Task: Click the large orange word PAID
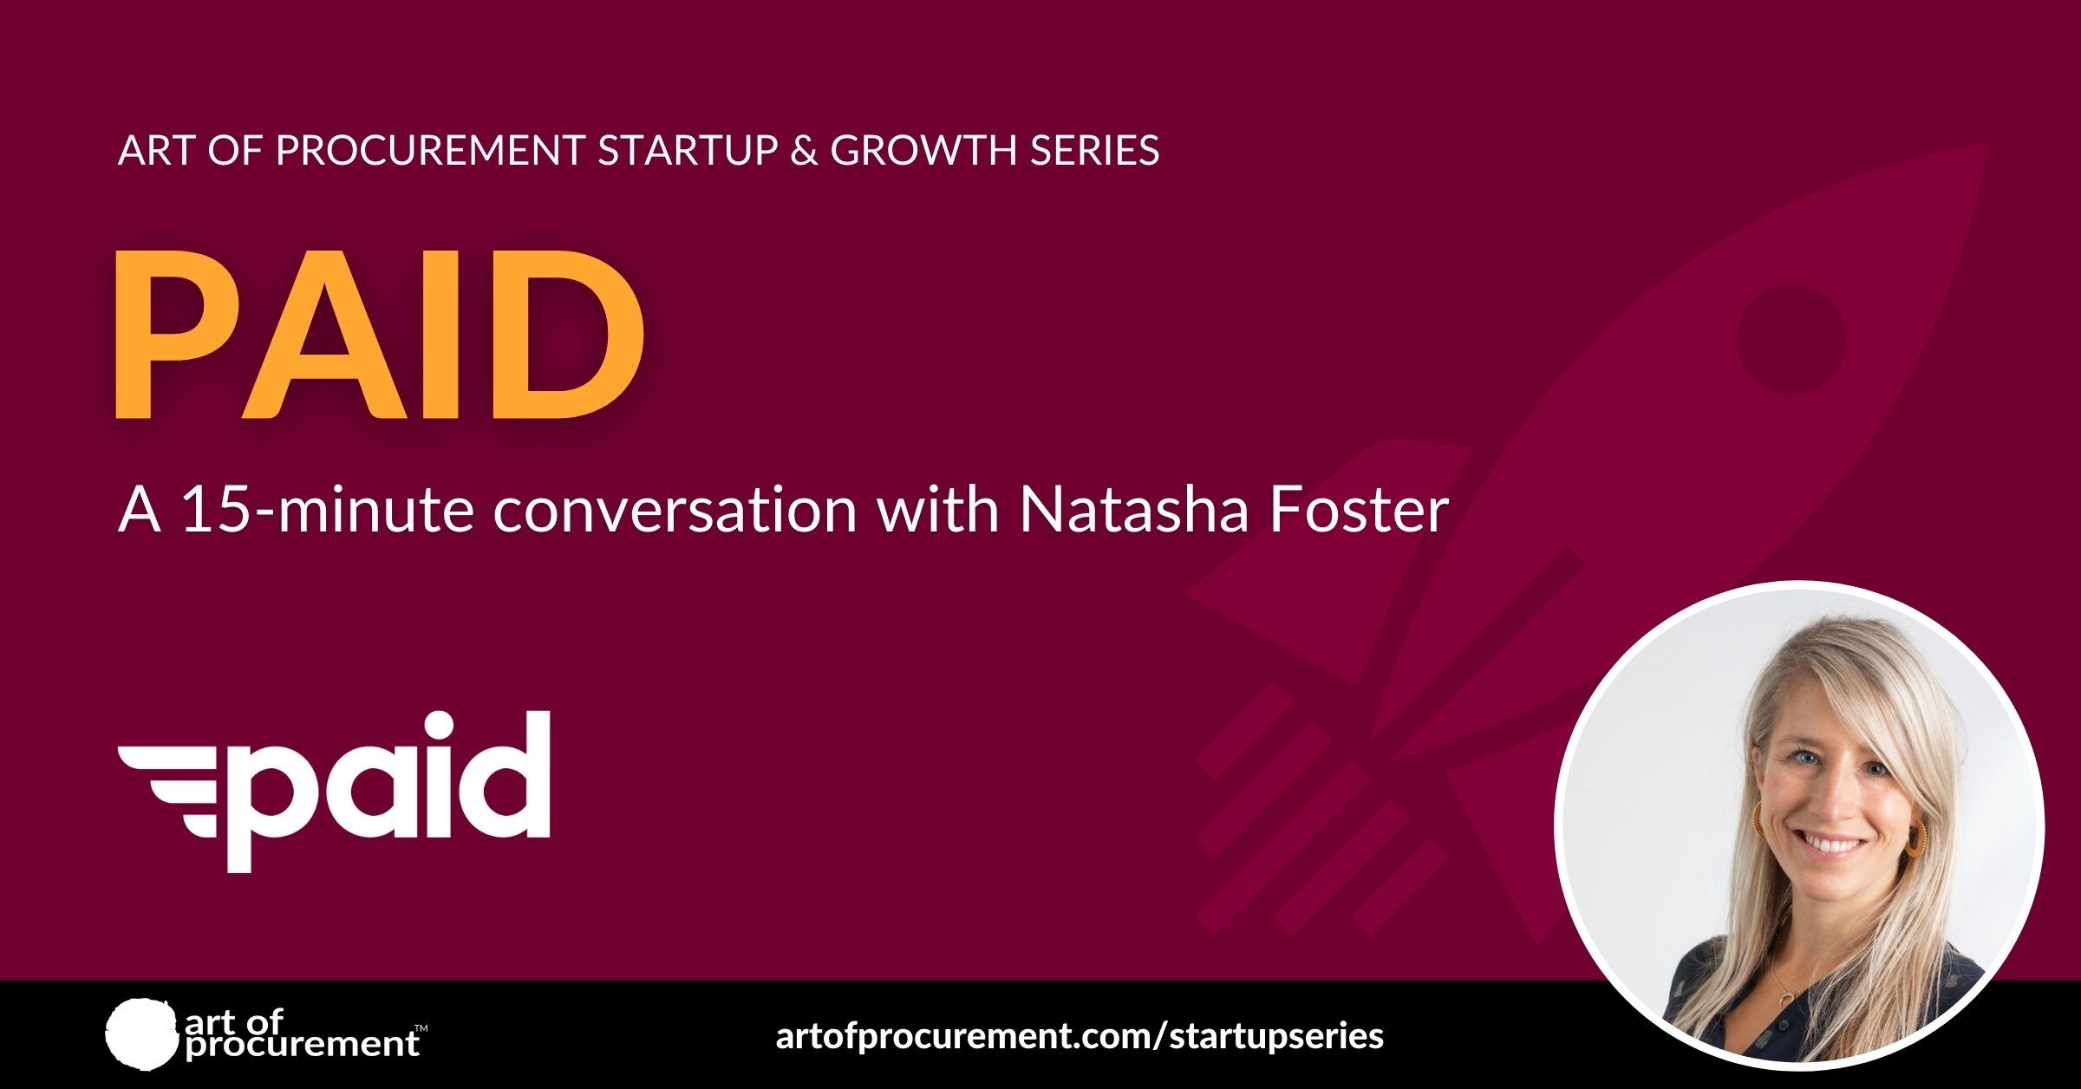380,335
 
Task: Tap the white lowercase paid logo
335,791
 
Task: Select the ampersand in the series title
804,150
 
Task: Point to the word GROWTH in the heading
923,150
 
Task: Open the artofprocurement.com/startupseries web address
1080,1036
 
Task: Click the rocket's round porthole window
1791,338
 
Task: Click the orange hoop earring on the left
1760,819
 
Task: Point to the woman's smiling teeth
1832,843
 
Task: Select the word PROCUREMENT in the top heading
430,150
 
